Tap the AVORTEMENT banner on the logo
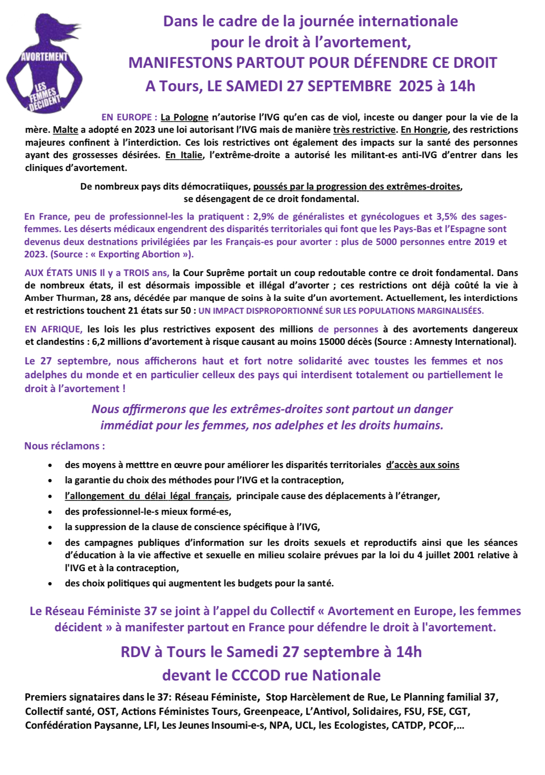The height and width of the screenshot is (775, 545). click(x=44, y=56)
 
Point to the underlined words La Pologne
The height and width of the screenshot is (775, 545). click(x=184, y=117)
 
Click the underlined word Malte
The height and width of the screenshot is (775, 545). click(x=65, y=130)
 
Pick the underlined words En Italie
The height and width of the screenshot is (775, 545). click(x=184, y=155)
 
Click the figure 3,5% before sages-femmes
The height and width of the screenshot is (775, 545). click(x=447, y=217)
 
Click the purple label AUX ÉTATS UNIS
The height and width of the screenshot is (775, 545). click(x=58, y=273)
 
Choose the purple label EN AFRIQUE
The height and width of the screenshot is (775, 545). click(x=53, y=329)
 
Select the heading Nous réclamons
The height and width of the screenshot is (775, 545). click(x=64, y=446)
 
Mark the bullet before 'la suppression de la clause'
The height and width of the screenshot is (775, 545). click(x=50, y=528)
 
